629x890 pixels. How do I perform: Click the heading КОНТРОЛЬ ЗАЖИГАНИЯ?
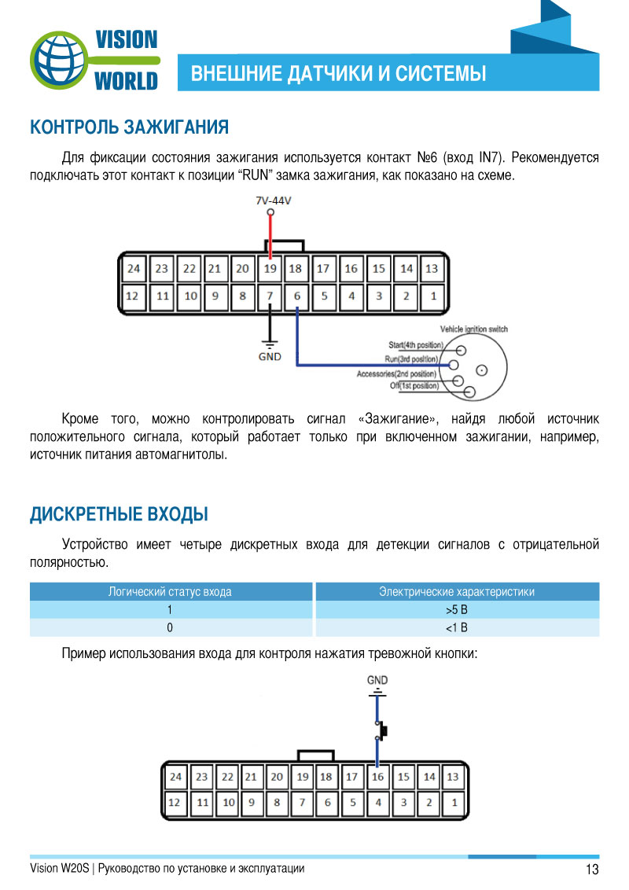[129, 127]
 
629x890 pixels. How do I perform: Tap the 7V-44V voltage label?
[273, 200]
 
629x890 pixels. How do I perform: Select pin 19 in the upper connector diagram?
[270, 269]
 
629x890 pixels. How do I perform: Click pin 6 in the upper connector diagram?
[297, 297]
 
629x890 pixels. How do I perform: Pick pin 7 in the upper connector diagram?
[270, 297]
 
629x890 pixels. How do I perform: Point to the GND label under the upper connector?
[270, 355]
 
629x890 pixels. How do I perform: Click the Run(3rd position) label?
[411, 359]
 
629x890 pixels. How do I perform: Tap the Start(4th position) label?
[416, 345]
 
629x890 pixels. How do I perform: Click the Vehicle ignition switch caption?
[474, 329]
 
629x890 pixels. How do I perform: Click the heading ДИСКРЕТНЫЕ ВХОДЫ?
[119, 515]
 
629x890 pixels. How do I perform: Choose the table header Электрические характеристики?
[456, 592]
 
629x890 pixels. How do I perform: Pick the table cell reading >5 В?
[456, 610]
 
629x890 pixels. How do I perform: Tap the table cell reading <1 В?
[456, 627]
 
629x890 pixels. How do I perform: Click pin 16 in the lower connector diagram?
[377, 778]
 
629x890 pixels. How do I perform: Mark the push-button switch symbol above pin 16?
[381, 731]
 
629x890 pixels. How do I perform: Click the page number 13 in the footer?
[592, 870]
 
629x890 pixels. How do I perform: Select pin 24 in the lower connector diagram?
[175, 778]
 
